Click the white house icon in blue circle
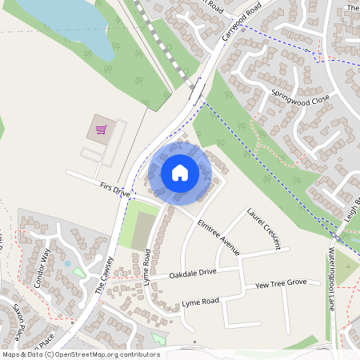tap(180, 173)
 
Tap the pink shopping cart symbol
tap(102, 129)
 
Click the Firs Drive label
tap(115, 190)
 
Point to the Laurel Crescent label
tap(263, 229)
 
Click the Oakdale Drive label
tap(193, 274)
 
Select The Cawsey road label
tap(104, 277)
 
